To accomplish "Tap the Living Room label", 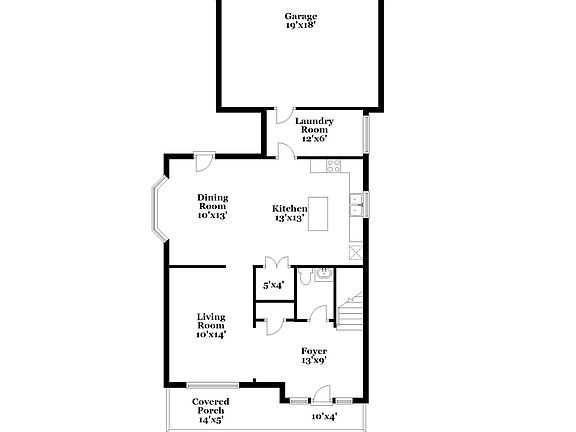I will click(210, 320).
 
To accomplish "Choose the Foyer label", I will click(314, 351).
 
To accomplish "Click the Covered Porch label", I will click(210, 406).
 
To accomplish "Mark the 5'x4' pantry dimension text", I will click(273, 285).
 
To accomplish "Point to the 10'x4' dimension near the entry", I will click(323, 415).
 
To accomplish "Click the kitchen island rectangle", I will click(318, 211).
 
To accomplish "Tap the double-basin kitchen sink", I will click(356, 205).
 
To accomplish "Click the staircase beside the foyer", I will click(350, 312).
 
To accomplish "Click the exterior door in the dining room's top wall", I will click(203, 159).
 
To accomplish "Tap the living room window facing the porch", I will click(212, 385).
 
